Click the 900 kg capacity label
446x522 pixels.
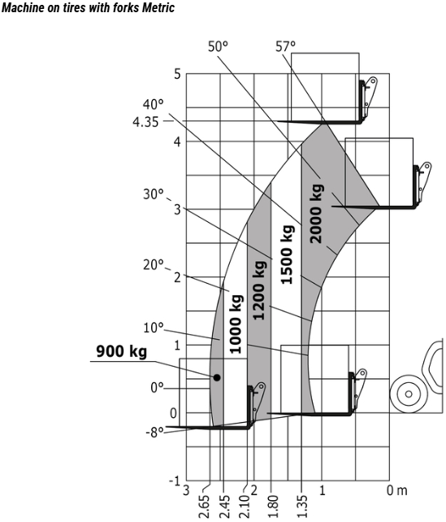point(121,351)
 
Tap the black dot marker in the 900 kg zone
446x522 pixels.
point(217,377)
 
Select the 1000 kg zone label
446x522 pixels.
point(236,324)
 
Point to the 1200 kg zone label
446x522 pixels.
point(259,290)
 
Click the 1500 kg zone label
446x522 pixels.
point(288,254)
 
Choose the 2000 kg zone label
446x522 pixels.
point(316,213)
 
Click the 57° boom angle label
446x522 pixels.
point(285,46)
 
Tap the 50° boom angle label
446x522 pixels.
point(219,46)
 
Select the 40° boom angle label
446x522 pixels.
point(154,105)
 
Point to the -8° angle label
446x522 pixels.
point(154,433)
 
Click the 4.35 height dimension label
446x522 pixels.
point(145,122)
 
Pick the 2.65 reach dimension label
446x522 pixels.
point(206,507)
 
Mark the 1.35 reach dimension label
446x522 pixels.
point(302,507)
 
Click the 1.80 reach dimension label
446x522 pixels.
point(273,507)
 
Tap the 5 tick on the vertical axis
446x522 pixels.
point(177,74)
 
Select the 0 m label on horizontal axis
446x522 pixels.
point(396,490)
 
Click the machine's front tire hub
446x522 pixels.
point(409,394)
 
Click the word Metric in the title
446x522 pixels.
point(158,7)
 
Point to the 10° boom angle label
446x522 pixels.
point(154,328)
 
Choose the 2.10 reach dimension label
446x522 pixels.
point(244,507)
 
